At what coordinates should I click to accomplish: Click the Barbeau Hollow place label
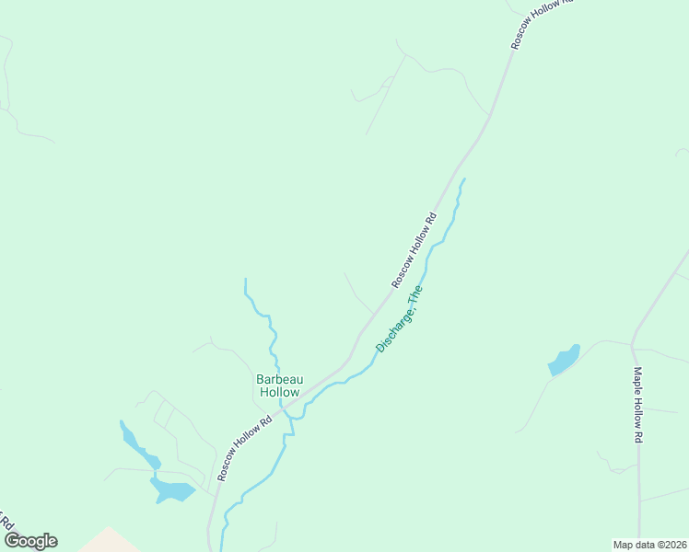click(x=278, y=385)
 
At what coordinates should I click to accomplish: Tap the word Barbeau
click(x=278, y=379)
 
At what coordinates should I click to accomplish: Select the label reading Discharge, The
click(x=399, y=318)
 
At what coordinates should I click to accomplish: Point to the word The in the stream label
click(x=415, y=295)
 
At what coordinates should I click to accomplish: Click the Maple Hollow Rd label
click(x=636, y=406)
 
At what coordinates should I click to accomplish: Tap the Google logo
click(x=30, y=541)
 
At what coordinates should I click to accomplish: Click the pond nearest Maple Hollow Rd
click(x=564, y=360)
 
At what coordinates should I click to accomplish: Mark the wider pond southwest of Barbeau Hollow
click(x=172, y=490)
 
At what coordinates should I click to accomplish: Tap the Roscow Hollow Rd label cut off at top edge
click(x=543, y=23)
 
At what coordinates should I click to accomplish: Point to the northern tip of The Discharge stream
click(x=463, y=179)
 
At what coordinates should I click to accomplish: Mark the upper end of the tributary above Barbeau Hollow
click(x=246, y=280)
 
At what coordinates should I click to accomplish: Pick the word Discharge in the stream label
click(x=393, y=328)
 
